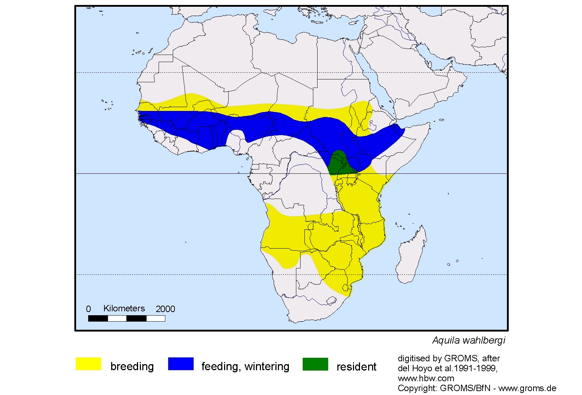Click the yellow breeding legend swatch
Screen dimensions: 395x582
click(89, 364)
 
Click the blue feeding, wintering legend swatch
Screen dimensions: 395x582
click(181, 364)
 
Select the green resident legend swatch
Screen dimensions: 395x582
click(315, 364)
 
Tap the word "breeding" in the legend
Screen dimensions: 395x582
click(132, 366)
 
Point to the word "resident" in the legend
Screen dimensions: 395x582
click(356, 367)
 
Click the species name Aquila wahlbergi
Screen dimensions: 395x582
click(468, 340)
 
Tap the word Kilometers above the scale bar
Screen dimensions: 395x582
click(124, 308)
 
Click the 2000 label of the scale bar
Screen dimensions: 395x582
click(165, 309)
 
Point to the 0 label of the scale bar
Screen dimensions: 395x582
click(89, 309)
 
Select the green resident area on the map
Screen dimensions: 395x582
click(339, 163)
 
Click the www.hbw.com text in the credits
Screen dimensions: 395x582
click(426, 378)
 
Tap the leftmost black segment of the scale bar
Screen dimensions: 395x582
click(98, 318)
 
